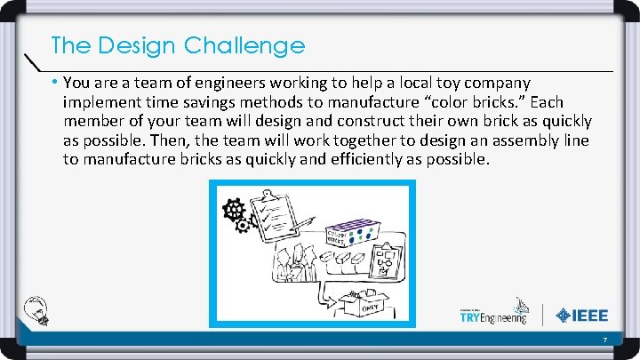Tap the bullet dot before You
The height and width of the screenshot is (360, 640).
55,83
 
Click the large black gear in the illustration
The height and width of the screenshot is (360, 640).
234,210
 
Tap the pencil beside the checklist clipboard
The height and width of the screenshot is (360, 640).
299,223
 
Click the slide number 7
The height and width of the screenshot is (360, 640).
604,341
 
